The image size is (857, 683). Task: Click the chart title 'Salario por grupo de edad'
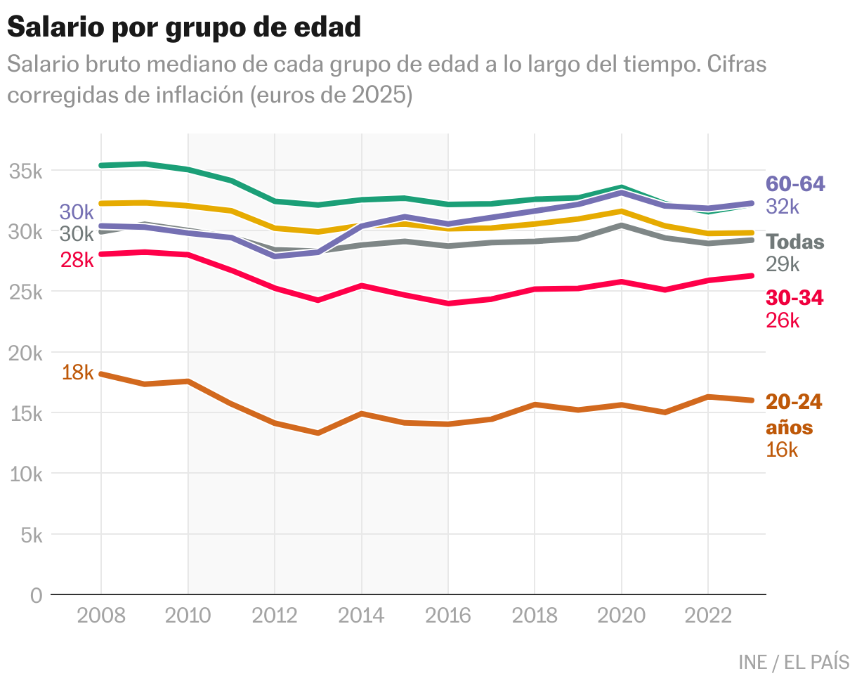pyautogui.click(x=184, y=27)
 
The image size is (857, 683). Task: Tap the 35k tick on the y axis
pyautogui.click(x=27, y=171)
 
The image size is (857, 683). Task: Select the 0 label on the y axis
pyautogui.click(x=37, y=595)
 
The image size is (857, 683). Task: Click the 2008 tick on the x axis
pyautogui.click(x=101, y=616)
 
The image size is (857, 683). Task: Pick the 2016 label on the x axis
pyautogui.click(x=448, y=616)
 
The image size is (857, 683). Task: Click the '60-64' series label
pyautogui.click(x=795, y=184)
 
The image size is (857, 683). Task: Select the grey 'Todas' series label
pyautogui.click(x=795, y=242)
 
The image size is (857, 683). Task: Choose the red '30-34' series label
pyautogui.click(x=794, y=298)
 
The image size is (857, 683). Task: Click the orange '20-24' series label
pyautogui.click(x=794, y=402)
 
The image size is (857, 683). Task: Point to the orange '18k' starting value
pyautogui.click(x=77, y=372)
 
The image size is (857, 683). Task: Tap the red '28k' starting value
pyautogui.click(x=77, y=260)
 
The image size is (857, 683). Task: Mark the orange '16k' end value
pyautogui.click(x=782, y=450)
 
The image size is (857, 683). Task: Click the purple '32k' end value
pyautogui.click(x=783, y=207)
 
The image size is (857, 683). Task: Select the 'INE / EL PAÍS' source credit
pyautogui.click(x=794, y=662)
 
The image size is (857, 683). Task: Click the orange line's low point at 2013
pyautogui.click(x=318, y=433)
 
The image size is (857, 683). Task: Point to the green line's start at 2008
pyautogui.click(x=101, y=165)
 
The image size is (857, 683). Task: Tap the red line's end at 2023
pyautogui.click(x=752, y=276)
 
